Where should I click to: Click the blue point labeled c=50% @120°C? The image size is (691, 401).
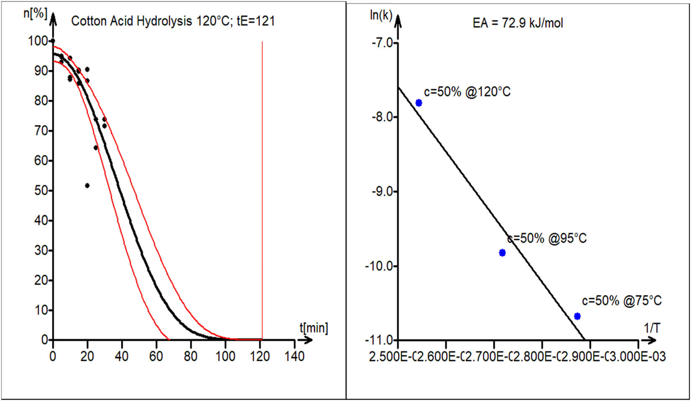(x=418, y=103)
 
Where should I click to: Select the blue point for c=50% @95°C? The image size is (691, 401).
(x=502, y=252)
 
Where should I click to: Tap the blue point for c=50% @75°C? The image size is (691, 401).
(x=577, y=316)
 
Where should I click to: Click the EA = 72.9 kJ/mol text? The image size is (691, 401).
(x=518, y=23)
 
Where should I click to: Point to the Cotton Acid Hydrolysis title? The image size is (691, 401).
(x=173, y=21)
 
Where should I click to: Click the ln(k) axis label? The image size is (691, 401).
(x=381, y=15)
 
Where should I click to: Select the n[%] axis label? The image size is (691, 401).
(x=35, y=13)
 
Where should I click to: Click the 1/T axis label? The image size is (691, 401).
(x=652, y=328)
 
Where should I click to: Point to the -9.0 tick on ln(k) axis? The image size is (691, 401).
(x=382, y=191)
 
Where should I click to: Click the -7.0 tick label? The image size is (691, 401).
(x=382, y=42)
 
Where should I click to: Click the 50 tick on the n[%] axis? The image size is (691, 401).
(x=41, y=190)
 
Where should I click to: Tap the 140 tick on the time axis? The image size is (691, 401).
(x=294, y=357)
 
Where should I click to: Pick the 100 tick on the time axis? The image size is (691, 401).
(x=225, y=357)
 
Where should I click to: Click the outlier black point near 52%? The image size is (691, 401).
(x=87, y=185)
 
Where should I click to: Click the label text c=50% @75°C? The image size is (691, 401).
(x=621, y=301)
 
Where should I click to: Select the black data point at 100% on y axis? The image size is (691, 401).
(x=53, y=41)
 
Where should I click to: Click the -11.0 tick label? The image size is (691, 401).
(x=380, y=340)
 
